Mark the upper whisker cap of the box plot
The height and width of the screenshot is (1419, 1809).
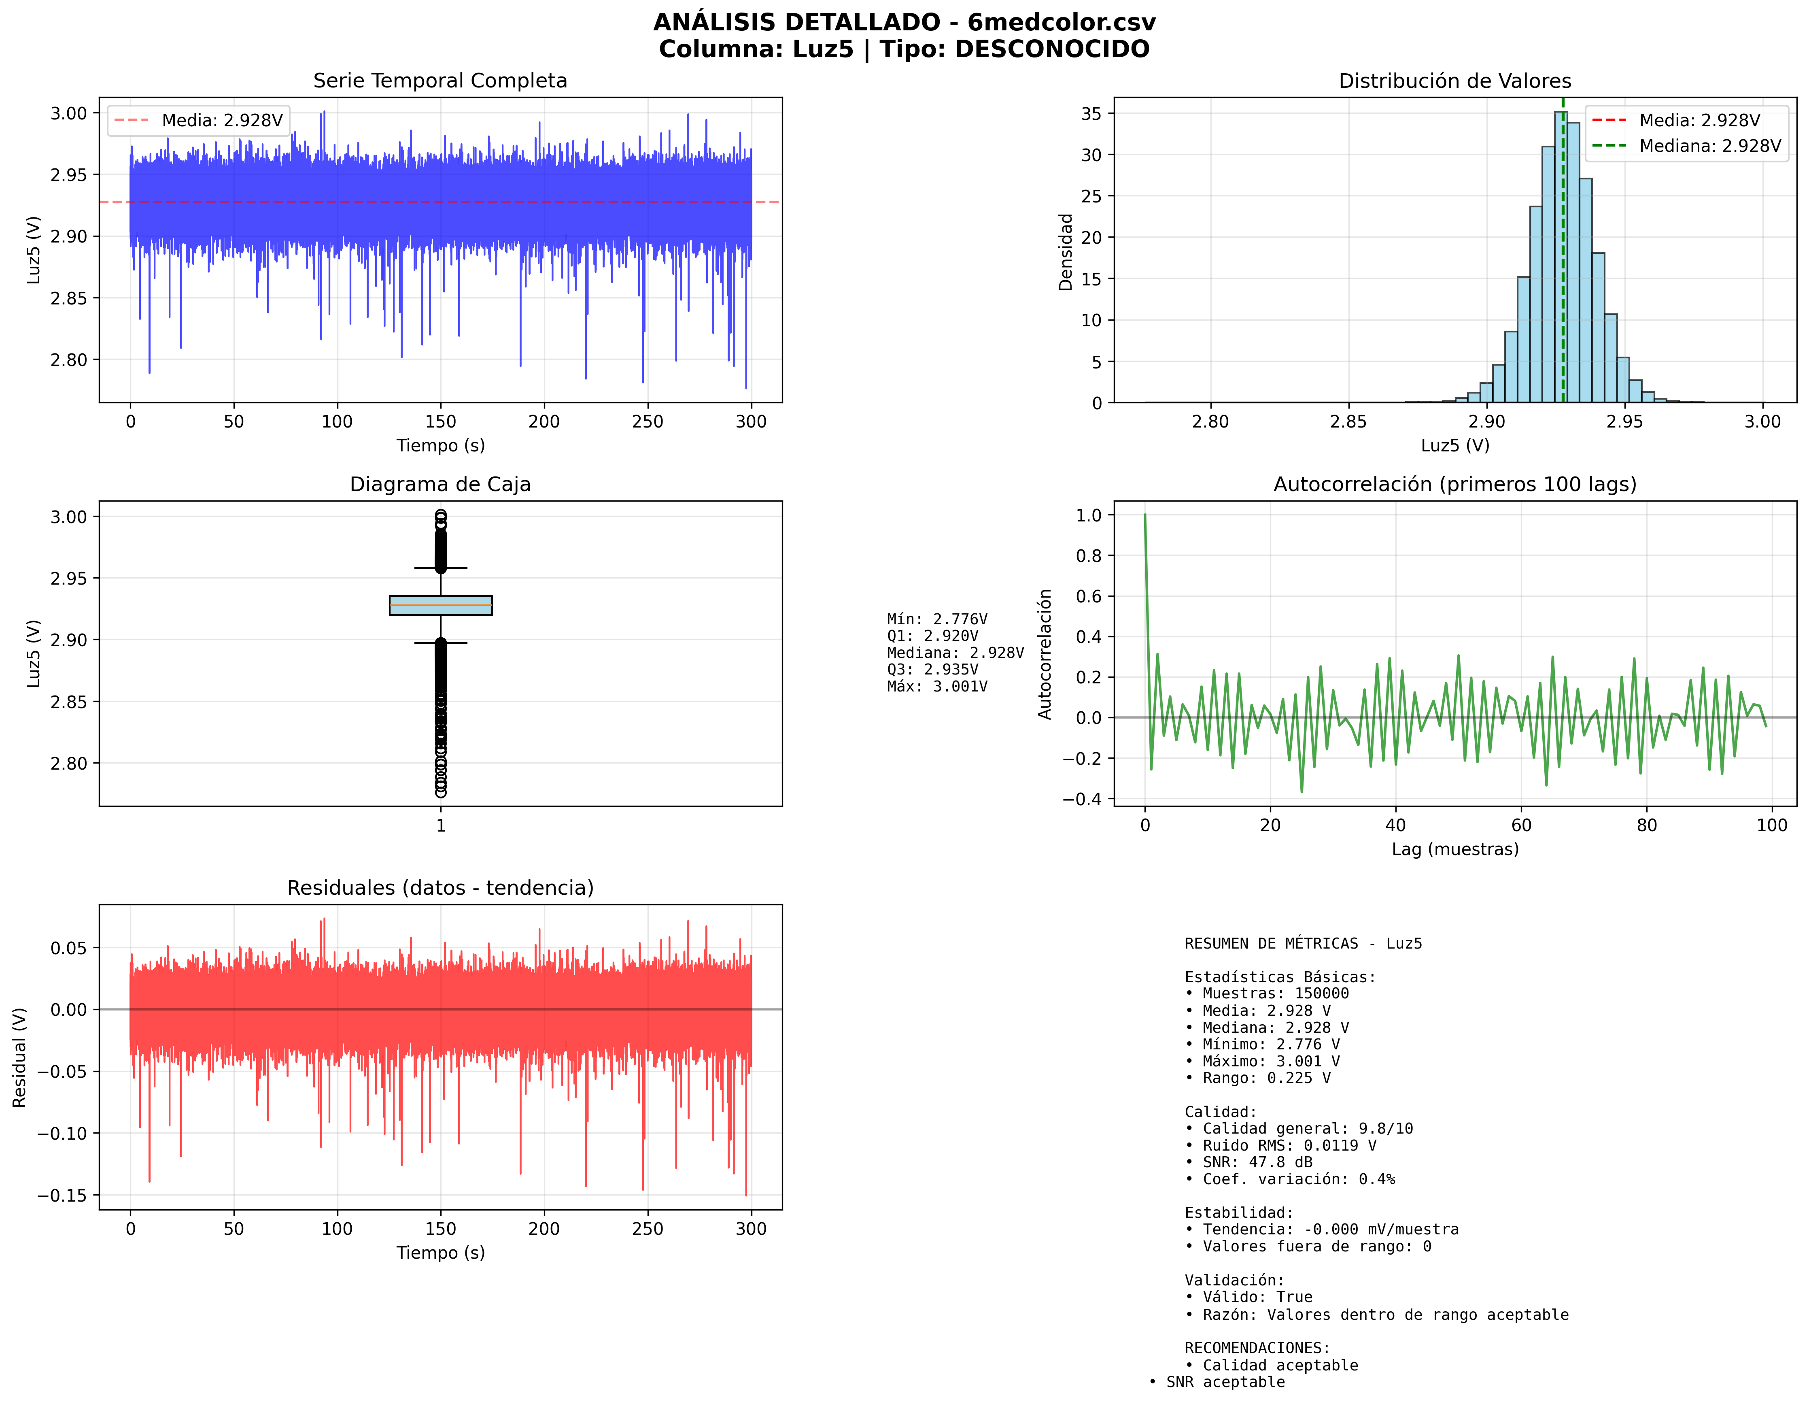(x=440, y=568)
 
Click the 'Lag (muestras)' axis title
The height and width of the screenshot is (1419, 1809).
(x=1454, y=849)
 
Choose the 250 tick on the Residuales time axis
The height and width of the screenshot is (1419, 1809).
(x=647, y=1229)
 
